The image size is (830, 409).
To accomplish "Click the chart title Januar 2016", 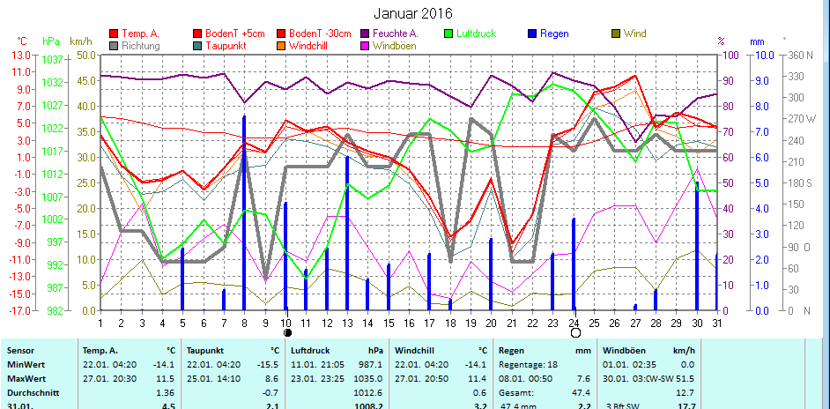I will (x=413, y=13).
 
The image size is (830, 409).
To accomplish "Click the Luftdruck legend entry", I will (x=476, y=33).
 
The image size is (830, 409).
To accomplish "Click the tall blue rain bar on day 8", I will (x=244, y=212).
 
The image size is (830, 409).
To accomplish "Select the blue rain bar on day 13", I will (x=347, y=234).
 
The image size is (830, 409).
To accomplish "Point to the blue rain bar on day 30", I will (x=697, y=247).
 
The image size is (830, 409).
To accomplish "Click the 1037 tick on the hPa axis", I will (x=51, y=59).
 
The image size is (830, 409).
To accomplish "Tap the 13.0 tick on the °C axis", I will (x=20, y=55).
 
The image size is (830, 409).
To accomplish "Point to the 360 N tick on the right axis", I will (x=801, y=55).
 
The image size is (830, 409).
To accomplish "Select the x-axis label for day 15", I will (x=389, y=322).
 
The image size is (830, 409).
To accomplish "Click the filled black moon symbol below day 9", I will (x=286, y=333).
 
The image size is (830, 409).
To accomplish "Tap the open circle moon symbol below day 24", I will (x=575, y=333).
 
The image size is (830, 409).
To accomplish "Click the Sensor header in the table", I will (x=19, y=350).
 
